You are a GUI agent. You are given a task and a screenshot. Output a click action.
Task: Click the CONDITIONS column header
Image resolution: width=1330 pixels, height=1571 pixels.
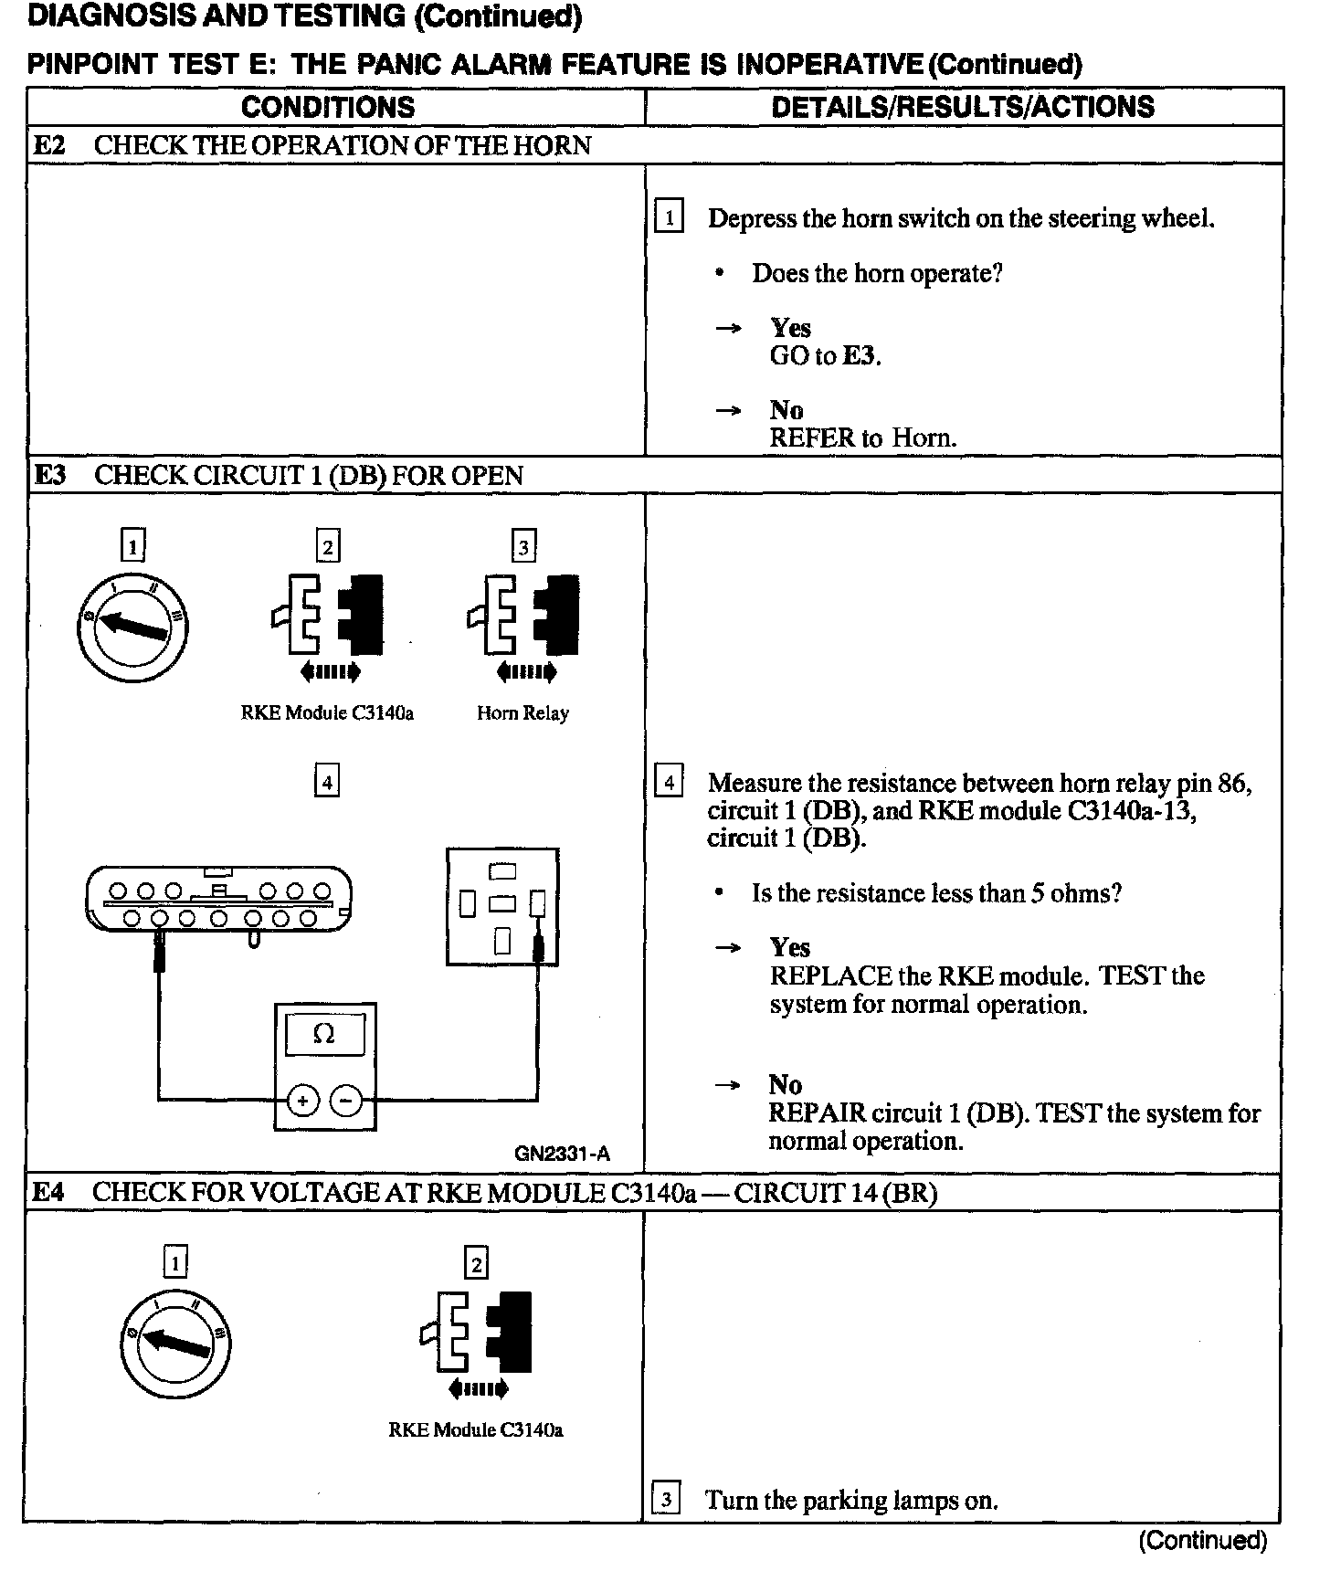click(x=327, y=107)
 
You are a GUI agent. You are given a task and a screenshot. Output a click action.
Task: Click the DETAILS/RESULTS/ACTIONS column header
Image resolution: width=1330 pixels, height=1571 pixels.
click(x=962, y=107)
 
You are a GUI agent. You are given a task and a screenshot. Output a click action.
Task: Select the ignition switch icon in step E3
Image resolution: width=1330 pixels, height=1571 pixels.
click(x=132, y=626)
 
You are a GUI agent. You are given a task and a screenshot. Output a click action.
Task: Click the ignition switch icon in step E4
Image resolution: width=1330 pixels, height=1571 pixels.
click(x=174, y=1343)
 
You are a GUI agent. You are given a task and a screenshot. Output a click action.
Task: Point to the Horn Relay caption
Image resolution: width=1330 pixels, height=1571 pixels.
click(x=522, y=713)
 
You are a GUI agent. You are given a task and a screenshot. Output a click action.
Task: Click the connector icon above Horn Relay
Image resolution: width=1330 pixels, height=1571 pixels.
click(x=523, y=621)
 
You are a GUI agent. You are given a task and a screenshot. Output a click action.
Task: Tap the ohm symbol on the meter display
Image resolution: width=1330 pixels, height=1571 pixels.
click(x=323, y=1033)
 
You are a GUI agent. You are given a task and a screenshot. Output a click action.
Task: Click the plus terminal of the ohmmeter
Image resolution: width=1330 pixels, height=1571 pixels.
click(x=302, y=1101)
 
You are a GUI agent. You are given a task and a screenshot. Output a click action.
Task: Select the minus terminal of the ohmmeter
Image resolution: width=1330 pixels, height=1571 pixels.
click(x=346, y=1101)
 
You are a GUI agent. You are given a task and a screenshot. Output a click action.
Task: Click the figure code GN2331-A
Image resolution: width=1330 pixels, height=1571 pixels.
click(x=562, y=1154)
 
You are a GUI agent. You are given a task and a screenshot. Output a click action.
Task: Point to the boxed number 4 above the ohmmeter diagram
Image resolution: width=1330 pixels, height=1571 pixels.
click(x=326, y=782)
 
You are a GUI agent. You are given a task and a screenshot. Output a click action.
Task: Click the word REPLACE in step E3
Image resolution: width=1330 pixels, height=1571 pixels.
click(x=830, y=975)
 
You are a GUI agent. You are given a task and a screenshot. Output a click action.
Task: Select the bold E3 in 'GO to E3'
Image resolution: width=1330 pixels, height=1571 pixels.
click(x=859, y=355)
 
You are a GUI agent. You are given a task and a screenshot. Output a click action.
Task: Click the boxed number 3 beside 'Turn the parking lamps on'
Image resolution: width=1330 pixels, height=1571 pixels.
click(x=667, y=1500)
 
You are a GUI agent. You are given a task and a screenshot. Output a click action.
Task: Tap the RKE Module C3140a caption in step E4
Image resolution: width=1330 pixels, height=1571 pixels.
click(x=475, y=1430)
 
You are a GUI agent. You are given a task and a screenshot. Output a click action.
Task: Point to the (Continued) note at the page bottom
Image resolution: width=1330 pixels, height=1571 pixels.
click(x=1202, y=1541)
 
